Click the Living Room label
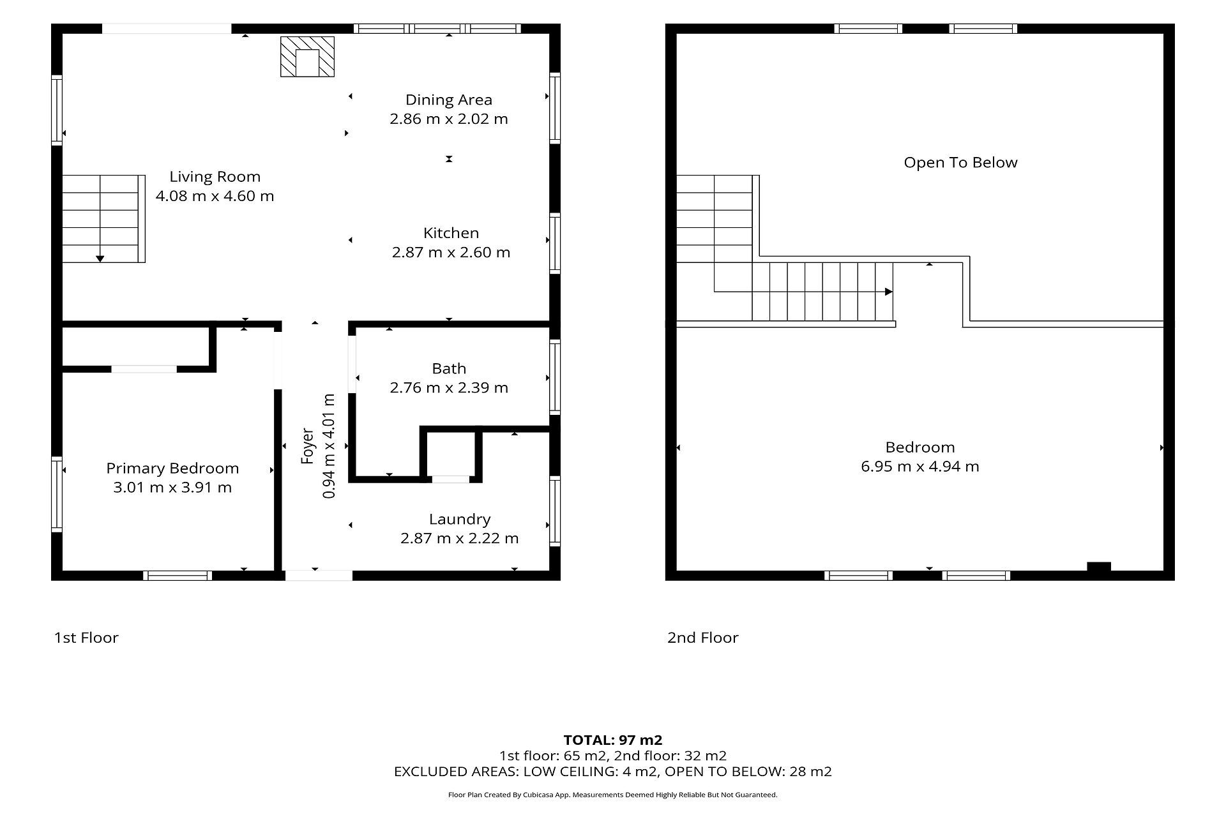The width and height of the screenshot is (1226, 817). (x=215, y=177)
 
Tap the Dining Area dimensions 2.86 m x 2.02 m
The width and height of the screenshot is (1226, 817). (x=449, y=119)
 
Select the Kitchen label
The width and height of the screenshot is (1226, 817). (x=451, y=233)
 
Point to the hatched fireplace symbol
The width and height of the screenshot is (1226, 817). (x=307, y=57)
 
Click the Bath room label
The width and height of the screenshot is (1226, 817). (x=449, y=368)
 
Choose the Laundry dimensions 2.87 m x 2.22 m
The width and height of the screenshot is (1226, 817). (x=460, y=538)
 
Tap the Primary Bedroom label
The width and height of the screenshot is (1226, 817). (x=172, y=468)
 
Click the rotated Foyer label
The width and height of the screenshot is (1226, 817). (x=308, y=446)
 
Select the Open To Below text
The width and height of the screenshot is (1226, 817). (x=960, y=163)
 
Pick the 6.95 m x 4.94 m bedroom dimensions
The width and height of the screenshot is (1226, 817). (x=920, y=467)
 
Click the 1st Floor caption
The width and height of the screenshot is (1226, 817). (x=86, y=638)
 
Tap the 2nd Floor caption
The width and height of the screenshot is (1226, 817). (x=703, y=638)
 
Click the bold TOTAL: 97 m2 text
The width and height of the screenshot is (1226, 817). (x=613, y=740)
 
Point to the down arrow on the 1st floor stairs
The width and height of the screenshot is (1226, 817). (x=100, y=258)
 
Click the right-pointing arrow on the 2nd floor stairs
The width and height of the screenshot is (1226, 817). (x=889, y=292)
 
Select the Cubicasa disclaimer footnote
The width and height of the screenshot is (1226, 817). (x=613, y=795)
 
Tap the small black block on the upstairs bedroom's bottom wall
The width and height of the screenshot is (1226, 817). (x=1099, y=567)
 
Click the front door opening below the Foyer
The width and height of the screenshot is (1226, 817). (x=319, y=575)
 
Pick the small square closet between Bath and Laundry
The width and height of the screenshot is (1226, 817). (x=451, y=454)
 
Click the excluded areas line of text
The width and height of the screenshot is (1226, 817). (x=613, y=772)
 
